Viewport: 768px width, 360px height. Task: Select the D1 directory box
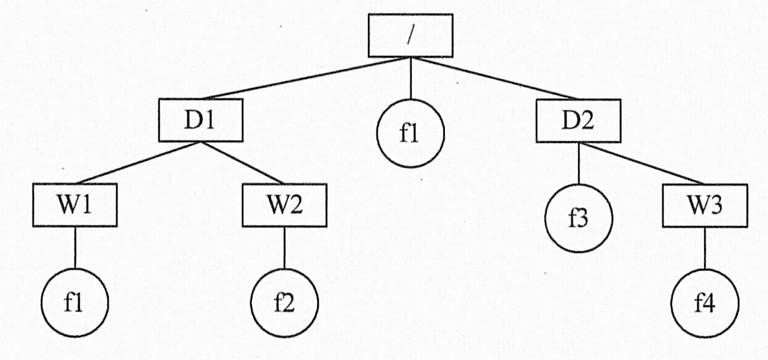click(199, 120)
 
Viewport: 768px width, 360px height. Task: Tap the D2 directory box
click(578, 120)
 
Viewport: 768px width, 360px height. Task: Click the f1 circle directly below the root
click(410, 133)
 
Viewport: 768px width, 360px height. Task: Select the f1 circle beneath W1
click(74, 303)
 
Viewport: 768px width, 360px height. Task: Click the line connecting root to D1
click(301, 79)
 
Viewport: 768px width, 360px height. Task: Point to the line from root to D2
click(501, 79)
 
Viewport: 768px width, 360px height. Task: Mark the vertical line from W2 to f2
click(284, 247)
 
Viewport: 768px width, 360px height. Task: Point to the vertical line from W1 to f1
click(75, 247)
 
